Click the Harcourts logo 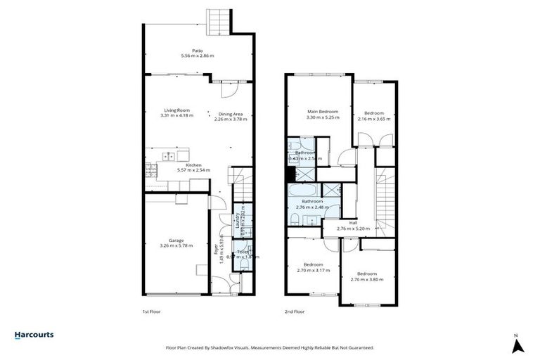pos(34,335)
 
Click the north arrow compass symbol pos(518,345)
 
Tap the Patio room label pos(197,49)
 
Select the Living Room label pos(177,110)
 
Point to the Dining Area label pos(231,113)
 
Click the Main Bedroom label pos(323,111)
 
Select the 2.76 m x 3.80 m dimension pos(367,279)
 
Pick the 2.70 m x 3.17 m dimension pos(313,270)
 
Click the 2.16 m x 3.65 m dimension pos(374,119)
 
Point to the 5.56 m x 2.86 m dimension pos(197,56)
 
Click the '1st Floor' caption pos(151,311)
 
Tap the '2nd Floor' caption pos(295,311)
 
